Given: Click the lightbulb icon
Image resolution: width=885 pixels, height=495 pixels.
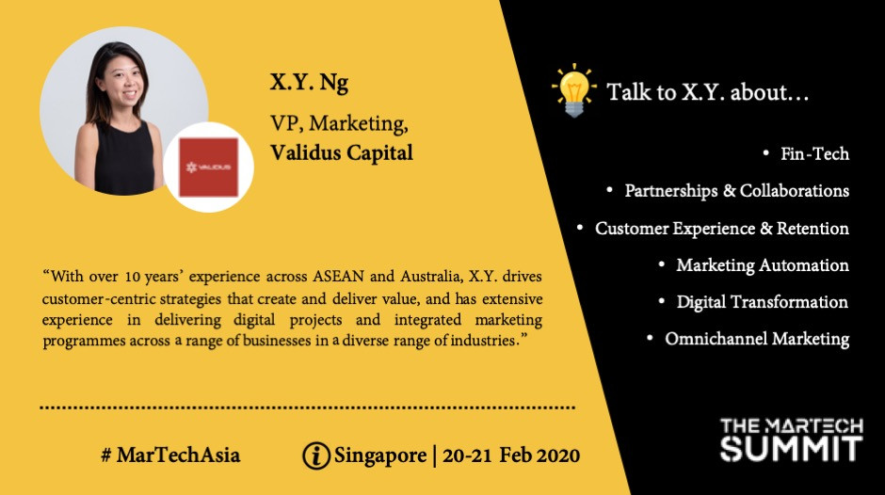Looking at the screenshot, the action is tap(574, 90).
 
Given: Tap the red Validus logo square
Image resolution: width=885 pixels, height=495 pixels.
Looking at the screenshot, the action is tap(208, 168).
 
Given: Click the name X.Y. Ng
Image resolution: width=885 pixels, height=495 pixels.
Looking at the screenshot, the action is tap(309, 83).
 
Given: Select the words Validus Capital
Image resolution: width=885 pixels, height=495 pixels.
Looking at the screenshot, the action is tap(342, 152).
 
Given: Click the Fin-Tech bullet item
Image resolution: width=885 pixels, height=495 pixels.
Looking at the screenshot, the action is tap(814, 154).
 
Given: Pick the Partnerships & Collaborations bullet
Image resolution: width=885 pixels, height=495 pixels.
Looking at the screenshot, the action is tap(736, 191).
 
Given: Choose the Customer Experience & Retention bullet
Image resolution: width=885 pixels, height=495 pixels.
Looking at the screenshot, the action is tap(722, 228).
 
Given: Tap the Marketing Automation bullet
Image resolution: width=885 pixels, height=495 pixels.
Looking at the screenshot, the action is tap(763, 264).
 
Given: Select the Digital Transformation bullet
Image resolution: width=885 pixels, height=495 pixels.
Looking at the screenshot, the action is tap(762, 302).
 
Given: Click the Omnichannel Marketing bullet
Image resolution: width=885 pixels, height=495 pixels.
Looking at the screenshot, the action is tap(757, 339).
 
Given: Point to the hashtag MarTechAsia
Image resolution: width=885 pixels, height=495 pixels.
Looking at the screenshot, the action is tap(170, 455).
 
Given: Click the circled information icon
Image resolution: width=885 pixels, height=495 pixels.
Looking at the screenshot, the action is tap(316, 455).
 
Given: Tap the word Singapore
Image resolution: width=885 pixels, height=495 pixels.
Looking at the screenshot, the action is tap(379, 455).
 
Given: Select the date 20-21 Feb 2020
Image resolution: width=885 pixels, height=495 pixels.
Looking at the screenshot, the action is tap(511, 455).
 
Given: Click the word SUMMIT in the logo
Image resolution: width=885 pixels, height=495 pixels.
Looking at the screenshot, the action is tap(791, 448).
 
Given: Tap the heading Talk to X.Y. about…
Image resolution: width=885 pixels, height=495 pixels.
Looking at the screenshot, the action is tap(708, 92).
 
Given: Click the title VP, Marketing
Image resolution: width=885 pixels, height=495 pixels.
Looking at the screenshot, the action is tap(339, 123).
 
